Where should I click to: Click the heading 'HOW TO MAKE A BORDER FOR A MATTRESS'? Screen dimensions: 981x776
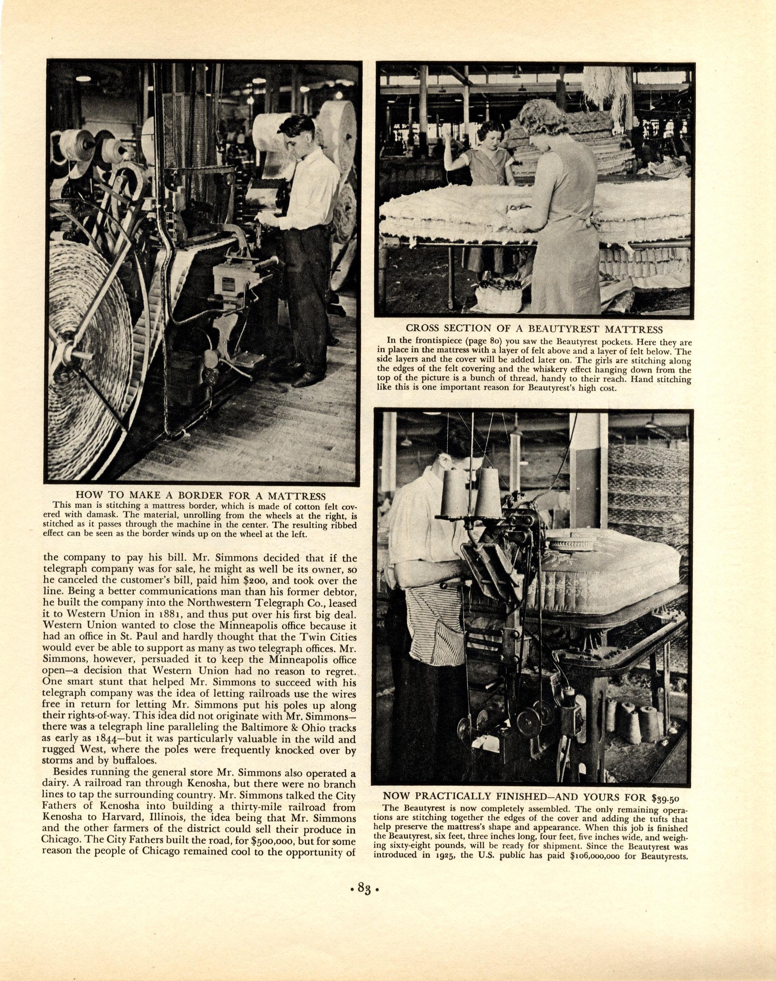(200, 495)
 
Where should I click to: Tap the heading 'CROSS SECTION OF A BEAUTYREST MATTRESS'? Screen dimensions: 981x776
(534, 329)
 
